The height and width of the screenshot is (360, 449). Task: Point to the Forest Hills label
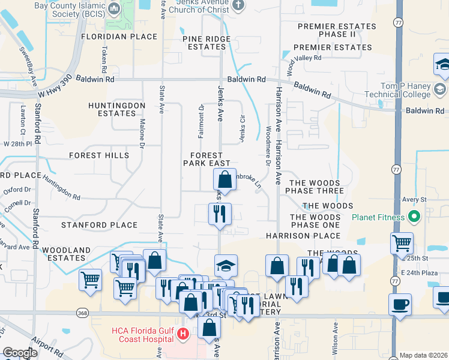pyautogui.click(x=99, y=155)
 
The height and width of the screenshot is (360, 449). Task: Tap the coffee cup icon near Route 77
pyautogui.click(x=400, y=304)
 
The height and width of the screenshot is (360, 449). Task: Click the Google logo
pyautogui.click(x=20, y=353)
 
